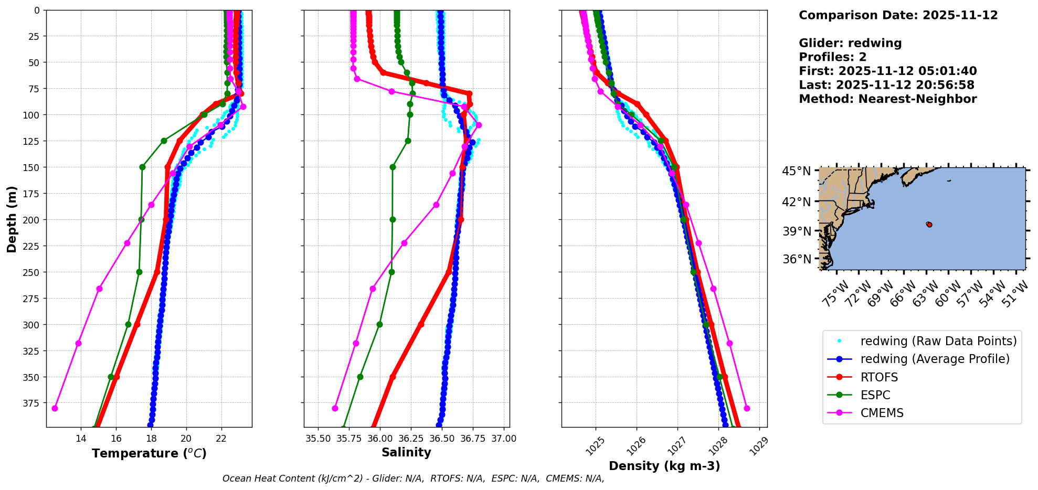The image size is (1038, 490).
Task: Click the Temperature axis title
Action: tap(149, 453)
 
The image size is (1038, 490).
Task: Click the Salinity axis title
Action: tap(406, 453)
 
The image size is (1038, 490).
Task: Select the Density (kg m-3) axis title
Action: tap(664, 466)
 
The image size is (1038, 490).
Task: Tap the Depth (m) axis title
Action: tap(12, 219)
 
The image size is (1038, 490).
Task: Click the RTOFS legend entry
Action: tap(879, 377)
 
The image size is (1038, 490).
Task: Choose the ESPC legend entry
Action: tap(875, 395)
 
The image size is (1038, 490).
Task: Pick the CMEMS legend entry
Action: tap(882, 413)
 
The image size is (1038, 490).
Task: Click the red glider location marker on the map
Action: tap(929, 225)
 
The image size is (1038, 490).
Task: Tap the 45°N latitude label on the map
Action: tap(797, 172)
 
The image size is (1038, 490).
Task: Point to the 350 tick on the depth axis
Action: tap(31, 377)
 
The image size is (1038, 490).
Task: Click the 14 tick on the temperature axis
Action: tap(81, 439)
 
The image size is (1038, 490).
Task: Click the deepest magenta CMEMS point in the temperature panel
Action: tap(55, 408)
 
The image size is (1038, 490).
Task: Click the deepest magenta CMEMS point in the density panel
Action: tap(747, 408)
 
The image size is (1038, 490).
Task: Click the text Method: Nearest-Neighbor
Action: tap(887, 99)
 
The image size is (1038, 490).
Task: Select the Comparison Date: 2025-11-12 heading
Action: tap(898, 15)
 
